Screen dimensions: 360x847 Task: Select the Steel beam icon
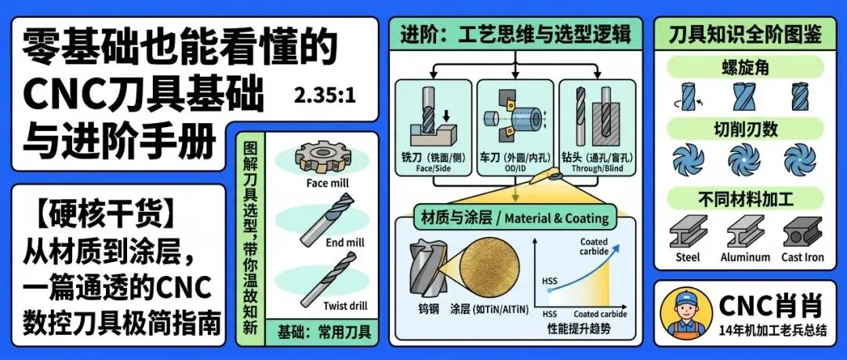pos(688,232)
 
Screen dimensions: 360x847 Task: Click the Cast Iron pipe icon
pos(802,232)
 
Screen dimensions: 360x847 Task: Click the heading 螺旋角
pos(744,67)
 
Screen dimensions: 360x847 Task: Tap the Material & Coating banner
pos(514,218)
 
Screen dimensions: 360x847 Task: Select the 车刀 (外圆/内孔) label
pos(514,162)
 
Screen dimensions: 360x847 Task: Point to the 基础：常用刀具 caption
pos(322,332)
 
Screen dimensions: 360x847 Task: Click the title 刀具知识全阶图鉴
pos(744,35)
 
